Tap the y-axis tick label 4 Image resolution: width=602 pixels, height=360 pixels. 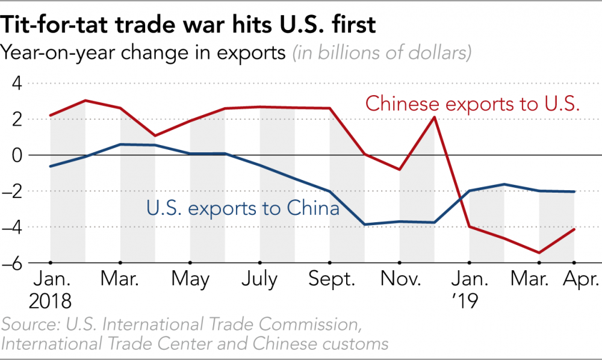[x=14, y=83]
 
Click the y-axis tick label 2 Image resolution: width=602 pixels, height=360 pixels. [x=14, y=119]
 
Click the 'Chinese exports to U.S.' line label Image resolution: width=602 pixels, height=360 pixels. [x=473, y=104]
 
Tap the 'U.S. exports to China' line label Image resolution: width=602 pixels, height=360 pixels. [x=243, y=209]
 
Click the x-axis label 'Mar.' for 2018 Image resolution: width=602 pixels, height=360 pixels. [x=120, y=280]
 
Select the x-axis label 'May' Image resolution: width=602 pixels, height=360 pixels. [x=190, y=280]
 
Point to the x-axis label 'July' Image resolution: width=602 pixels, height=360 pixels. [x=259, y=280]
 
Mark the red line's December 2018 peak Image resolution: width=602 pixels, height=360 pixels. [x=434, y=117]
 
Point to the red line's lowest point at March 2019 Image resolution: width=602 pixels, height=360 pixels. [x=539, y=253]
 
